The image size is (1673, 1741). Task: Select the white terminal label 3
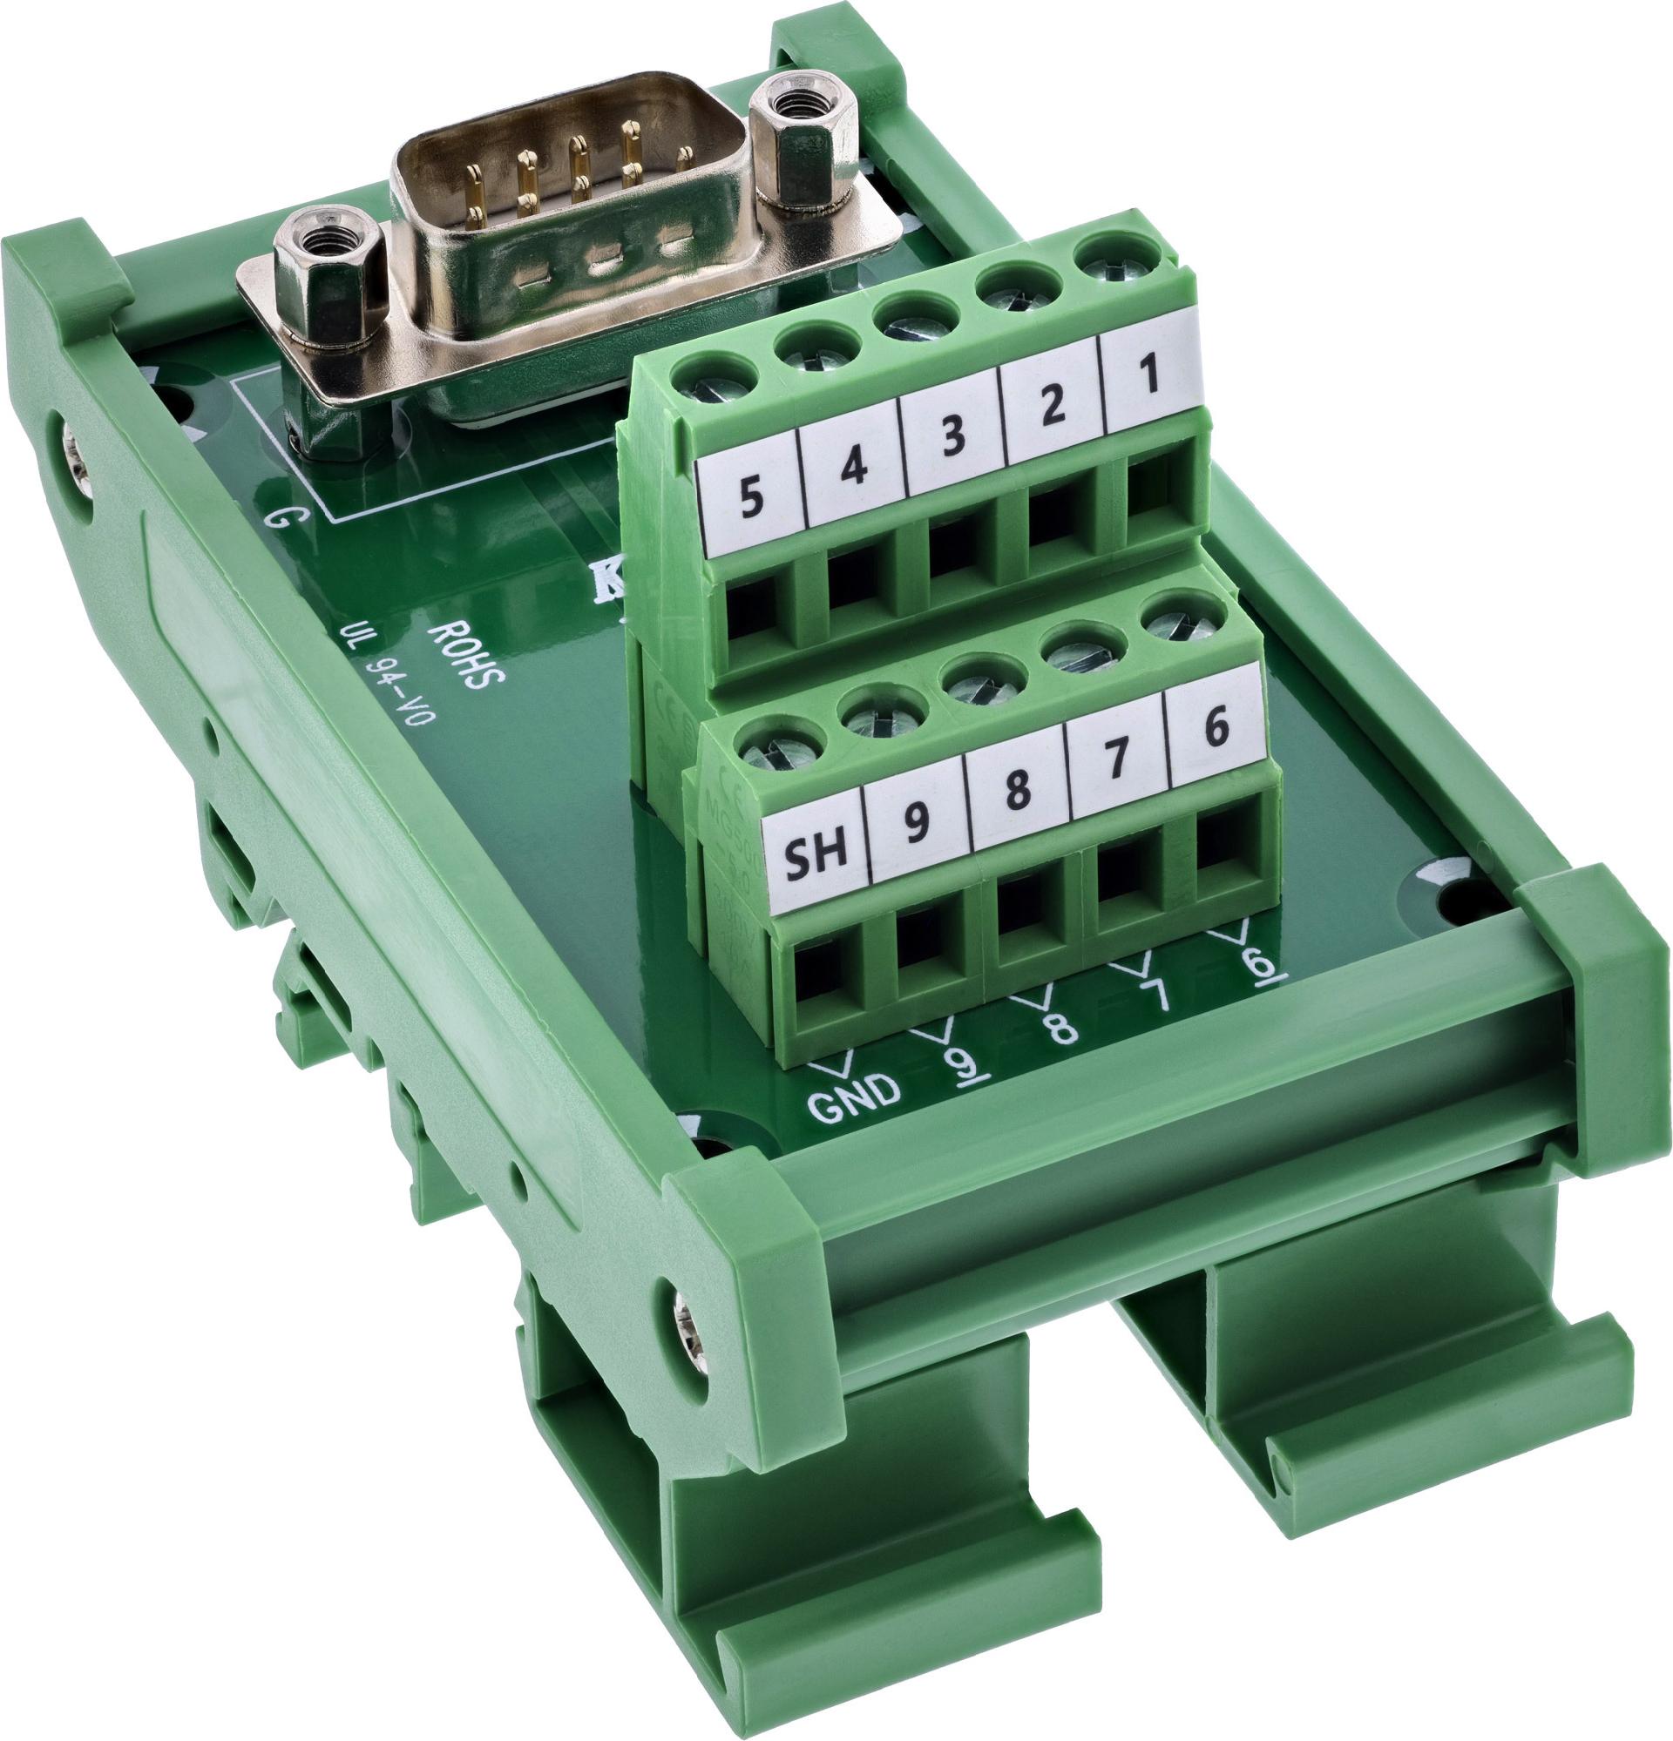[x=952, y=439]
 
